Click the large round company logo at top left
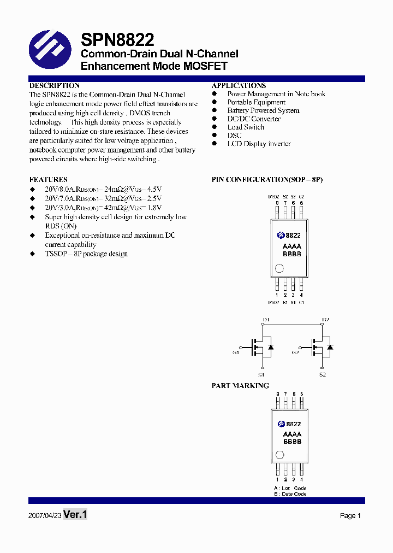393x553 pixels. point(50,50)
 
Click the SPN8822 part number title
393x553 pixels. point(117,40)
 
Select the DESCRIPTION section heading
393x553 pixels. point(54,86)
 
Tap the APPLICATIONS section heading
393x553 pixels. point(239,86)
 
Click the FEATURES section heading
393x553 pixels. point(48,180)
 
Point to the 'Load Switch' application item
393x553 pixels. point(246,127)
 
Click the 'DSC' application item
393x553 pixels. point(234,136)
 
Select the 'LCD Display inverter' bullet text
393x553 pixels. point(259,144)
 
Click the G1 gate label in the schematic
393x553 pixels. point(236,352)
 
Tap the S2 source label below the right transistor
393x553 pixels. point(323,375)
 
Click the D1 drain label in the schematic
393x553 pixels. point(266,320)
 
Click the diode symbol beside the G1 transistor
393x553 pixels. point(271,346)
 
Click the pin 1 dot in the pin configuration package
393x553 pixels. point(279,268)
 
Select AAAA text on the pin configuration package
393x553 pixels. point(292,246)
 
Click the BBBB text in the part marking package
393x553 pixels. point(292,442)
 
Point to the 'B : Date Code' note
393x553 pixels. point(290,494)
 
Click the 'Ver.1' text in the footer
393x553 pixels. point(75,514)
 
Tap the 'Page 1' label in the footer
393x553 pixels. point(350,515)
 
